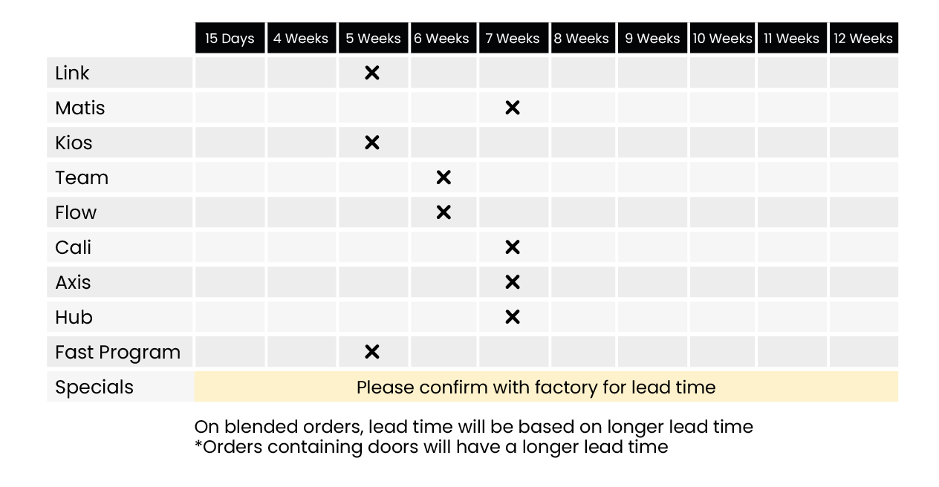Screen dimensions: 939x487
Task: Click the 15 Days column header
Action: pyautogui.click(x=230, y=38)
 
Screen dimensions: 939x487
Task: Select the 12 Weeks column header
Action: pyautogui.click(x=863, y=38)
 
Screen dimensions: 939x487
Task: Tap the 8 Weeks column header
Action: pyautogui.click(x=583, y=38)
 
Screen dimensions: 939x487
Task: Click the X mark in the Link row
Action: pyautogui.click(x=372, y=73)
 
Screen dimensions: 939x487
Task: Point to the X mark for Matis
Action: pyautogui.click(x=513, y=108)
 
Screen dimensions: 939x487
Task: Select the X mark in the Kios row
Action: pyautogui.click(x=372, y=143)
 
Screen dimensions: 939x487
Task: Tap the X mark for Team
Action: pyautogui.click(x=443, y=177)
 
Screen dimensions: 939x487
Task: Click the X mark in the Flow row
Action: pyautogui.click(x=443, y=212)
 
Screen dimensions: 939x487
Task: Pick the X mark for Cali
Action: pyautogui.click(x=513, y=247)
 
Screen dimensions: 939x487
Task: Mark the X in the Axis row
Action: pyautogui.click(x=513, y=282)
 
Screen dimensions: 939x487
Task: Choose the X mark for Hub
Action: pyautogui.click(x=513, y=317)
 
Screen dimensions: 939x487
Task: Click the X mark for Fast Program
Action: pyautogui.click(x=372, y=352)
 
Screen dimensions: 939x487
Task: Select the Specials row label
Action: pyautogui.click(x=94, y=388)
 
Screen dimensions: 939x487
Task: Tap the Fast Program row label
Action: pyautogui.click(x=118, y=353)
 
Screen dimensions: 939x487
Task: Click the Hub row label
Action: pyautogui.click(x=74, y=317)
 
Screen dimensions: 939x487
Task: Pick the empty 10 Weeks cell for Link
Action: pyautogui.click(x=722, y=73)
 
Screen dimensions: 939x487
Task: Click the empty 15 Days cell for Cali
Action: pyautogui.click(x=230, y=247)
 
